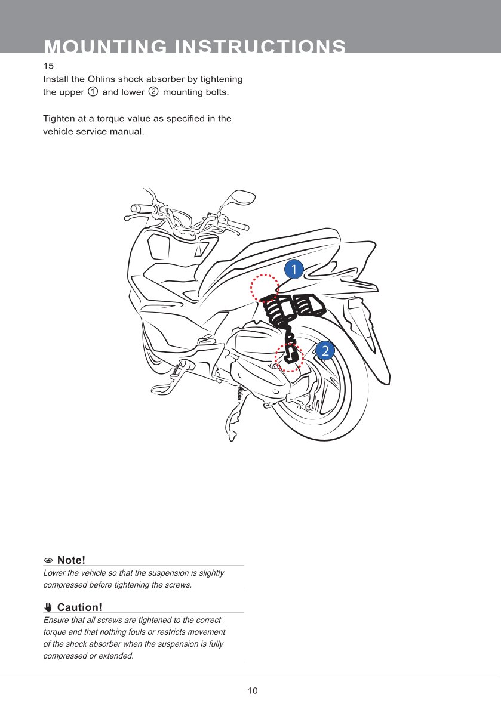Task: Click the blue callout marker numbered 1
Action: (294, 269)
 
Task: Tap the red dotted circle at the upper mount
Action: (265, 289)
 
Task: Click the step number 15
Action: (48, 65)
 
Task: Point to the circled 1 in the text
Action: (93, 92)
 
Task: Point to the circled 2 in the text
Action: (153, 92)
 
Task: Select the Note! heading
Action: (71, 560)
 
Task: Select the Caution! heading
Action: (79, 607)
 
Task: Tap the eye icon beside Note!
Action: (49, 561)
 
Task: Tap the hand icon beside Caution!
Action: (49, 607)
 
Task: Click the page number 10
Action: (253, 691)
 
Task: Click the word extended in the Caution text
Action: (116, 656)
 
